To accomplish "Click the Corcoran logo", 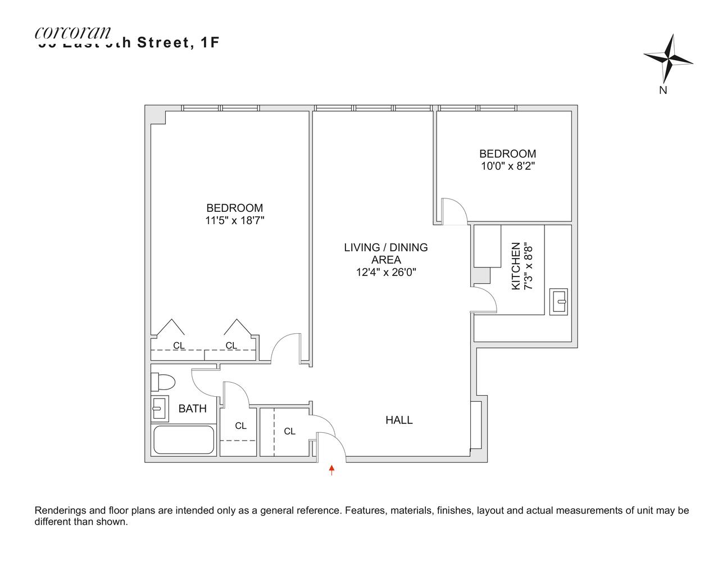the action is click(73, 33).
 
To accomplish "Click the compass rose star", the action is click(669, 58).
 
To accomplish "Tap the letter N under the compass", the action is click(663, 90).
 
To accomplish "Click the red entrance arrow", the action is click(332, 470).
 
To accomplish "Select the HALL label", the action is click(399, 420).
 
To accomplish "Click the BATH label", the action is click(192, 409).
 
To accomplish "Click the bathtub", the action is click(184, 439).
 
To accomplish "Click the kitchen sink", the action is click(558, 301).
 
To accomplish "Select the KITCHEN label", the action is click(515, 266).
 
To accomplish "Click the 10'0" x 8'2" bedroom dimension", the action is click(507, 166).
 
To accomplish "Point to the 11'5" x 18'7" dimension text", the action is click(234, 221).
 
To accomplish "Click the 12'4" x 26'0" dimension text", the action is click(385, 273).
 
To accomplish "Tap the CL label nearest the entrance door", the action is click(289, 432).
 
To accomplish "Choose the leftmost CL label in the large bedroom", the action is click(179, 346).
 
